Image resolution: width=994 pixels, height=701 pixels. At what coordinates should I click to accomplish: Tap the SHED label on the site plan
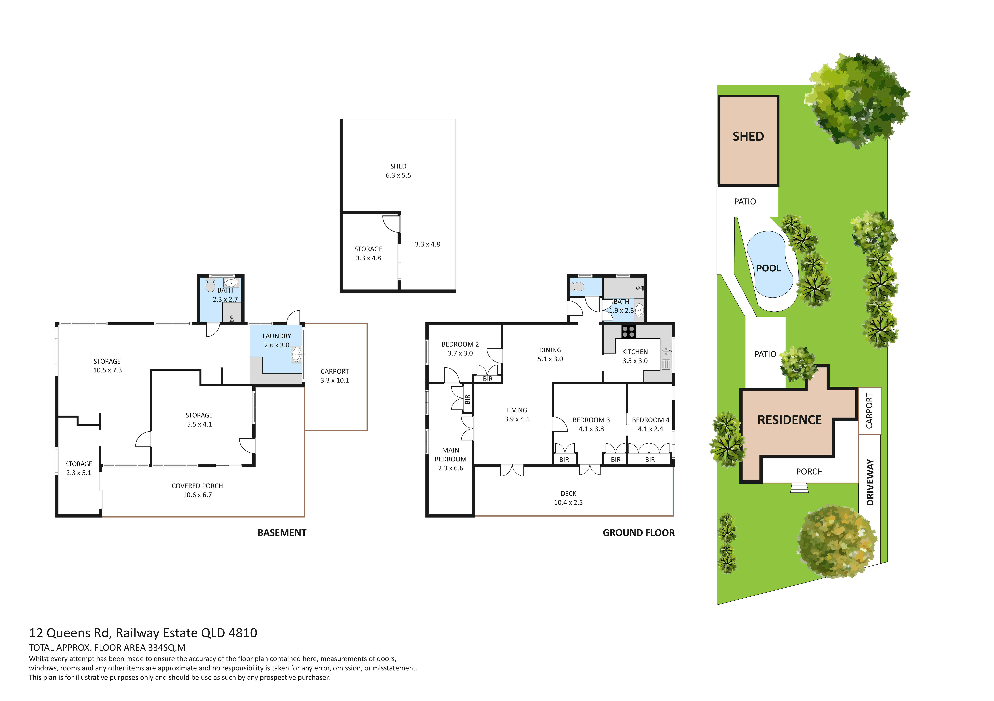748,136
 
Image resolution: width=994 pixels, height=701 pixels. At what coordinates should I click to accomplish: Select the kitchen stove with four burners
628,332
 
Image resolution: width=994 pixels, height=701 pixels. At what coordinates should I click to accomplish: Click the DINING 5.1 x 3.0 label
550,354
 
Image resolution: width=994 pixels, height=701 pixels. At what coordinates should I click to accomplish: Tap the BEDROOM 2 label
460,344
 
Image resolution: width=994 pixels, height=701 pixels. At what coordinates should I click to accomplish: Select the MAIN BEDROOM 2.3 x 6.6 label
451,459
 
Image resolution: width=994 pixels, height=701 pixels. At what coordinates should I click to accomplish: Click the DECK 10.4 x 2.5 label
568,498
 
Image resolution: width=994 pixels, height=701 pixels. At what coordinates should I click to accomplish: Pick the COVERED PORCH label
197,486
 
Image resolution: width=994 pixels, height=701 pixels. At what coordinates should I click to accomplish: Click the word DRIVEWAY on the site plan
870,482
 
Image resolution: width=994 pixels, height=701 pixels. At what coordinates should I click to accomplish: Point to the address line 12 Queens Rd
143,633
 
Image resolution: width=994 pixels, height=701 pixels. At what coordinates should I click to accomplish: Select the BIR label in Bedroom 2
488,379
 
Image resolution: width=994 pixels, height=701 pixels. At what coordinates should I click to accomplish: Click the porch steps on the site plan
799,488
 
